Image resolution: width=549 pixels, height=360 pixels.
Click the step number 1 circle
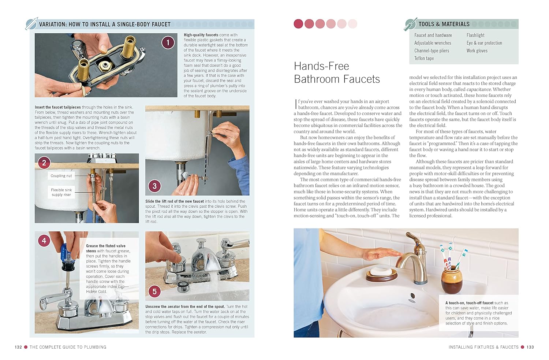click(x=168, y=42)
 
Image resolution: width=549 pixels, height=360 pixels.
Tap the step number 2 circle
click(x=44, y=163)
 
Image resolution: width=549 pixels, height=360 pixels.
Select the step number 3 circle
click(x=155, y=186)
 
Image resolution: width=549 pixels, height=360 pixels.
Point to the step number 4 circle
click(x=44, y=241)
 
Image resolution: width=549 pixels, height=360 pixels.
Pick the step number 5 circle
click(x=155, y=292)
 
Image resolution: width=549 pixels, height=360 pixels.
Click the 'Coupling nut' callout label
click(x=61, y=176)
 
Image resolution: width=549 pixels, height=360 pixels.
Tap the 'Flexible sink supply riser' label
click(x=61, y=192)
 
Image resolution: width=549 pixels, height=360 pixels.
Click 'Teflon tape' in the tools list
click(x=424, y=58)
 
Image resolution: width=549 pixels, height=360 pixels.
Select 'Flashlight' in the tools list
click(x=475, y=35)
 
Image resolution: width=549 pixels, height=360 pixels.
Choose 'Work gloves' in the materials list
click(x=477, y=51)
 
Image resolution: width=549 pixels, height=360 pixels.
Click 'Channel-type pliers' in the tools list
click(x=432, y=51)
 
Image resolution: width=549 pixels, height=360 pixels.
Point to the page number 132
click(x=18, y=347)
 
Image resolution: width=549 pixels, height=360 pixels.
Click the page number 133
click(x=530, y=347)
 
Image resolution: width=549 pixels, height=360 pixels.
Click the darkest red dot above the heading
click(x=298, y=24)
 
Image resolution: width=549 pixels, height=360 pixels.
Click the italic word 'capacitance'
click(x=479, y=89)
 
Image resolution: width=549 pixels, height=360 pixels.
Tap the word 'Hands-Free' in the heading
click(x=321, y=66)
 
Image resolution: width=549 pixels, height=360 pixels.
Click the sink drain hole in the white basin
click(x=412, y=296)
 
